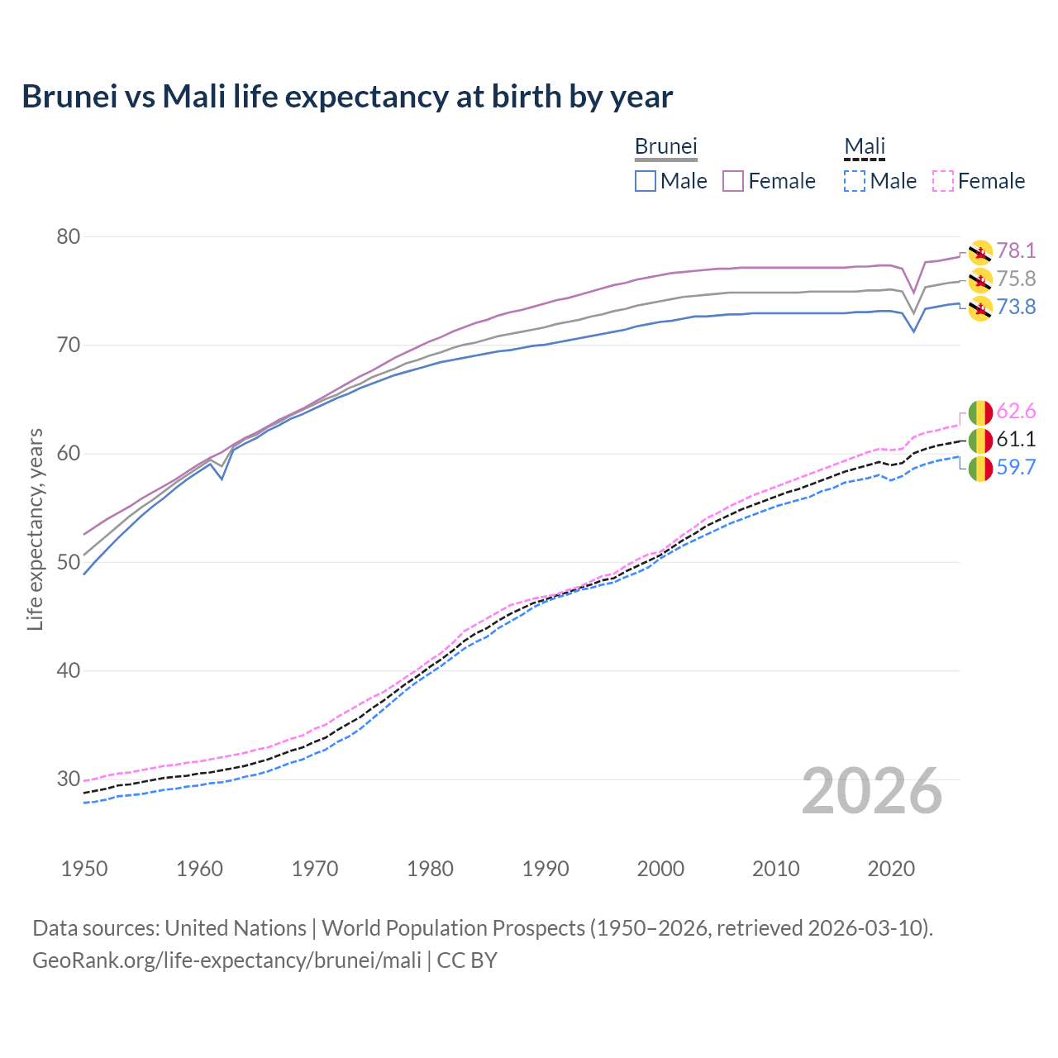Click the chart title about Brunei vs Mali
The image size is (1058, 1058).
(x=347, y=97)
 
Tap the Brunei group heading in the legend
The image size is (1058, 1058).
(x=665, y=146)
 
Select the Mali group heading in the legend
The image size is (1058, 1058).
(x=865, y=146)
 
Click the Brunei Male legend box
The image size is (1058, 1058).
(x=646, y=181)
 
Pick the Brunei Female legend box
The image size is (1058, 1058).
(x=733, y=181)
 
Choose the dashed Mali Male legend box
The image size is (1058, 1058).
(x=855, y=181)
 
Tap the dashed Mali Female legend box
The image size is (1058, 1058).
(x=943, y=181)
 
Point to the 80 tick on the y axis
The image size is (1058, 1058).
(x=69, y=236)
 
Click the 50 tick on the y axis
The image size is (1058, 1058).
(x=69, y=562)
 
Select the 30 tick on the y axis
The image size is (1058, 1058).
(x=69, y=779)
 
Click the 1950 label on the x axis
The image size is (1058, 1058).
(x=84, y=869)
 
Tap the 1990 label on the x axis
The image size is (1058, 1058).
(x=546, y=869)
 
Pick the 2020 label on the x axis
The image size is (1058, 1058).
(x=891, y=869)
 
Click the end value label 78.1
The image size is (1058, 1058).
(x=1016, y=251)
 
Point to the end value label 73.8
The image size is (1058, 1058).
(x=1016, y=307)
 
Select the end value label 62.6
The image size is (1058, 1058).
(x=1016, y=412)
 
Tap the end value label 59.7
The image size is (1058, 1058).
(x=1016, y=468)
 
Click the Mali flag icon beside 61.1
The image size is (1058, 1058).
(x=979, y=440)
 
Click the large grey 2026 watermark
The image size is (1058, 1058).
(x=871, y=791)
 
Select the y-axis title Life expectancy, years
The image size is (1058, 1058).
(x=36, y=529)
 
